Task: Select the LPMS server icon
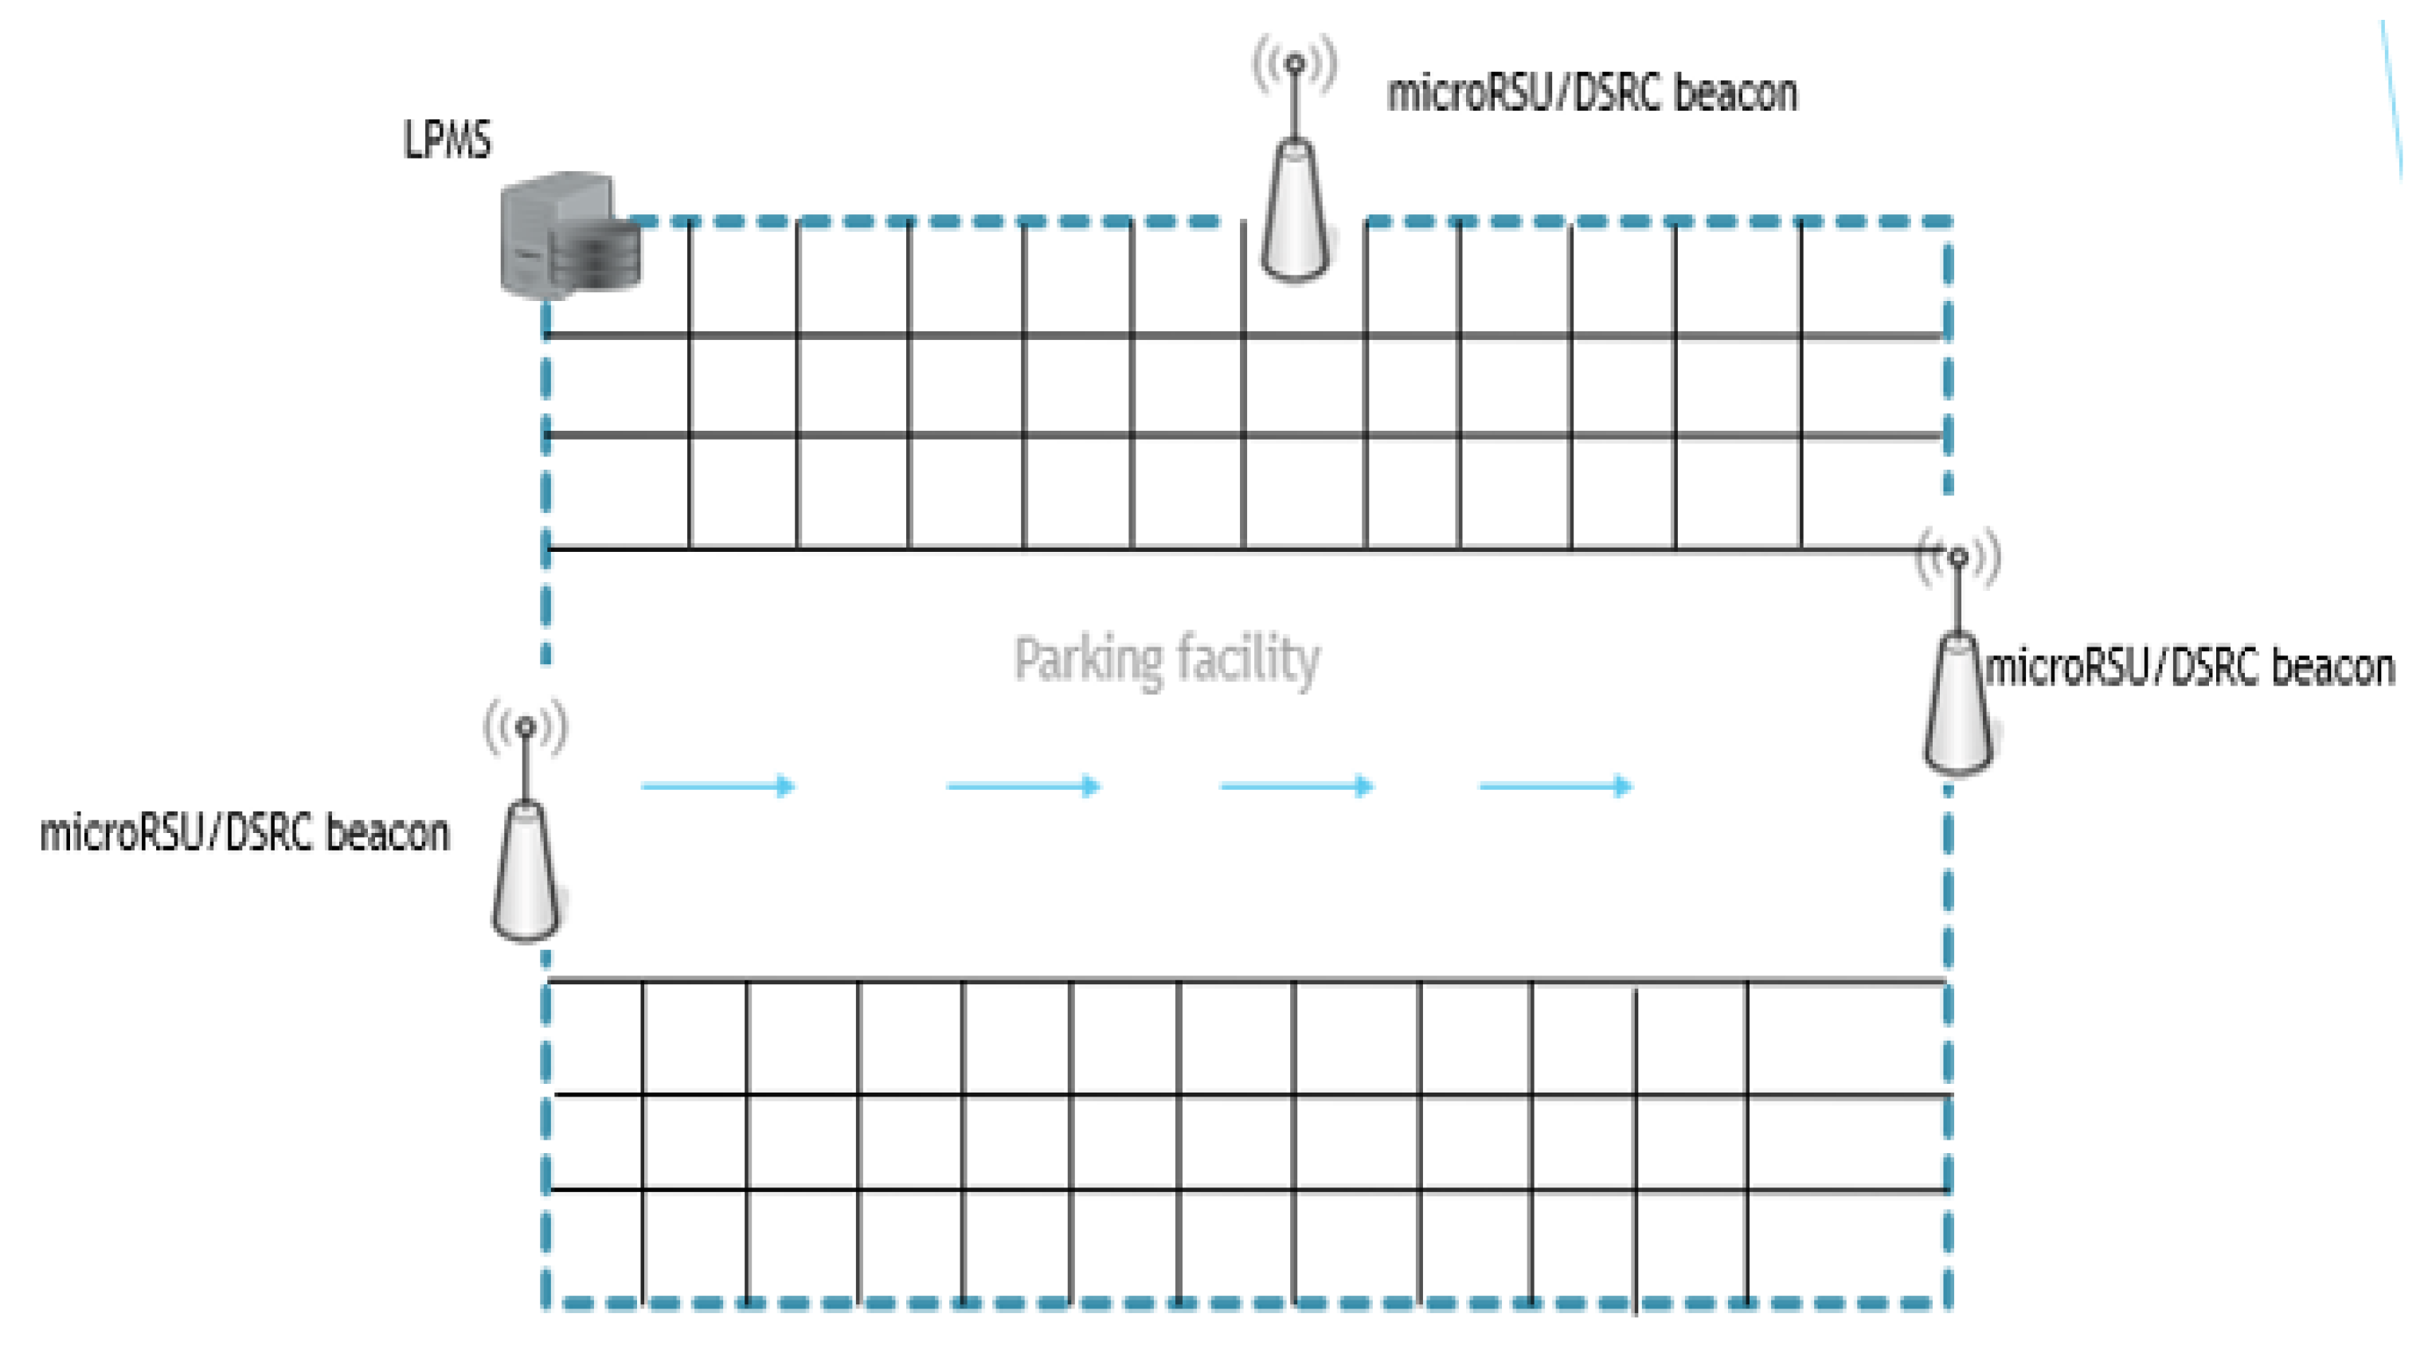(566, 236)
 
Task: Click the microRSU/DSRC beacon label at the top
(1592, 93)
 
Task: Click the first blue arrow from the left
(718, 785)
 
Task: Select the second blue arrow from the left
(1024, 785)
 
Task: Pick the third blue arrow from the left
(1297, 785)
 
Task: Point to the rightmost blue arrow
(1556, 785)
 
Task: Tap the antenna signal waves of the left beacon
(526, 726)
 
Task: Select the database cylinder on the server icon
(594, 250)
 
